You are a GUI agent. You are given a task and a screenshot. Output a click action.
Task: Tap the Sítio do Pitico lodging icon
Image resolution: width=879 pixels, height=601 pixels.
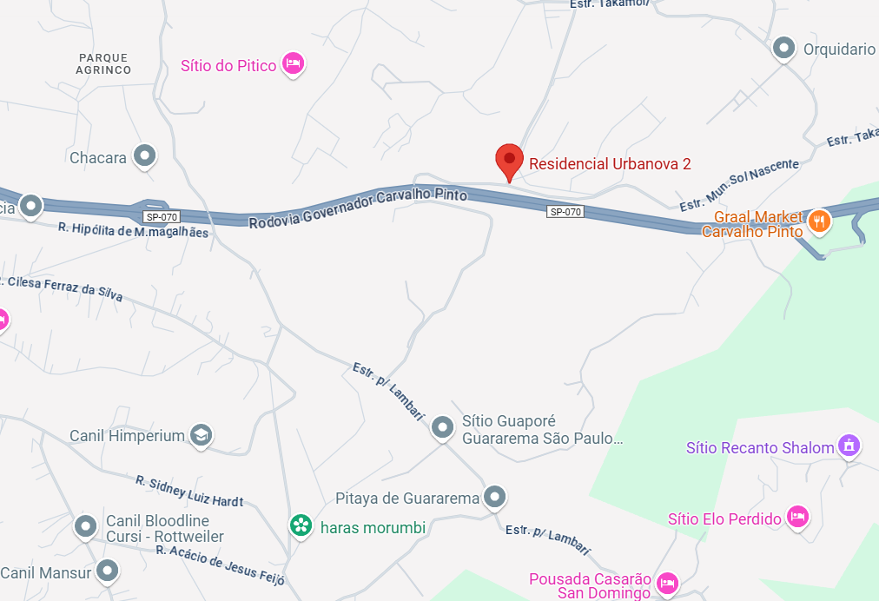pyautogui.click(x=294, y=64)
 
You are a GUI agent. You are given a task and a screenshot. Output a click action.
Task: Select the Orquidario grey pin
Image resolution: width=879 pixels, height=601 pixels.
pyautogui.click(x=784, y=49)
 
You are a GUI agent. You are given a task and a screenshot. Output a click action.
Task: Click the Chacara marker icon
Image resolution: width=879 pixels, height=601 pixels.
pyautogui.click(x=145, y=156)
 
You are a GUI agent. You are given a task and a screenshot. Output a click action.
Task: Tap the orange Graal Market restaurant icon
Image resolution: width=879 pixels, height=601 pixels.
pyautogui.click(x=818, y=222)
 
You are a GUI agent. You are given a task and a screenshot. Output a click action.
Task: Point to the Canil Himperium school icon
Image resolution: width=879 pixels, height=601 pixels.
pyautogui.click(x=202, y=435)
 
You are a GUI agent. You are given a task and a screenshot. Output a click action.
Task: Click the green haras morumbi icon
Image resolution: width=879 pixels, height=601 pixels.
pyautogui.click(x=301, y=525)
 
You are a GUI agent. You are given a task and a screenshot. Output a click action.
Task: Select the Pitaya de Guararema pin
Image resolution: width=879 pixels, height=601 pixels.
pyautogui.click(x=495, y=498)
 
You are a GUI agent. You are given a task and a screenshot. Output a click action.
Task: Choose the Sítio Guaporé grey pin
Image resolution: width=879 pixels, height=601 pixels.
pyautogui.click(x=443, y=426)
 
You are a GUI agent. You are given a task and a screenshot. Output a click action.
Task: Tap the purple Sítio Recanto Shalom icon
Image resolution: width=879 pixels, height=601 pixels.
pyautogui.click(x=849, y=446)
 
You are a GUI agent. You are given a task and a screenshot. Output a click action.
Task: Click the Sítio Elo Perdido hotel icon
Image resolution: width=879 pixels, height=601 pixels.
pyautogui.click(x=797, y=518)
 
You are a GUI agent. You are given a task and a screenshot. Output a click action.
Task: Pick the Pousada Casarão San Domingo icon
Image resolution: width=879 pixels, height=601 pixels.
pyautogui.click(x=666, y=581)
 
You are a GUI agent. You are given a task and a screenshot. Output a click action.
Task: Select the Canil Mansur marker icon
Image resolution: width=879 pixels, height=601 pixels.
pyautogui.click(x=107, y=571)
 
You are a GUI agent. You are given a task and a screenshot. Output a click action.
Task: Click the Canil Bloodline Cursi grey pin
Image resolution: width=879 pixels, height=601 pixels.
pyautogui.click(x=85, y=526)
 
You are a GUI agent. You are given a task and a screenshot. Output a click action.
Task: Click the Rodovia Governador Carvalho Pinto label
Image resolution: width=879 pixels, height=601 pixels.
pyautogui.click(x=358, y=209)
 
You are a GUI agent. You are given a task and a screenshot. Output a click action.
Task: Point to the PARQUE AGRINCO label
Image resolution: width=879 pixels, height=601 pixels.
pyautogui.click(x=103, y=63)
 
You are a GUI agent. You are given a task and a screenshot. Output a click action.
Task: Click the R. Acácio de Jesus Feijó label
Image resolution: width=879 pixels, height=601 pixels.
pyautogui.click(x=221, y=564)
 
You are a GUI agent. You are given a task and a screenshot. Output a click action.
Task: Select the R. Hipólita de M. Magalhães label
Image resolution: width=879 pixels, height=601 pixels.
pyautogui.click(x=133, y=230)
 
